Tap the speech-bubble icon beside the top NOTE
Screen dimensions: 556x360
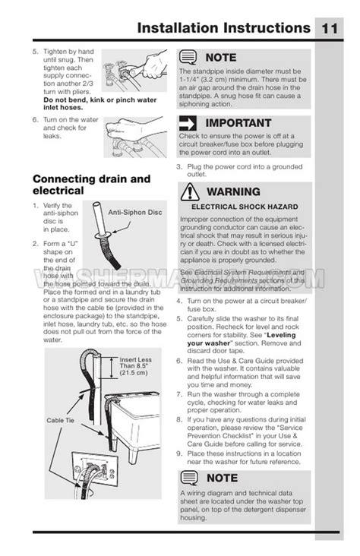[188, 57]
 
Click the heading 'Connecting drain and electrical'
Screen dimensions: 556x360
[80, 185]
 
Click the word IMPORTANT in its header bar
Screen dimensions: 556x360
[238, 123]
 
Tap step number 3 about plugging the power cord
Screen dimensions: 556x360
[179, 166]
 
